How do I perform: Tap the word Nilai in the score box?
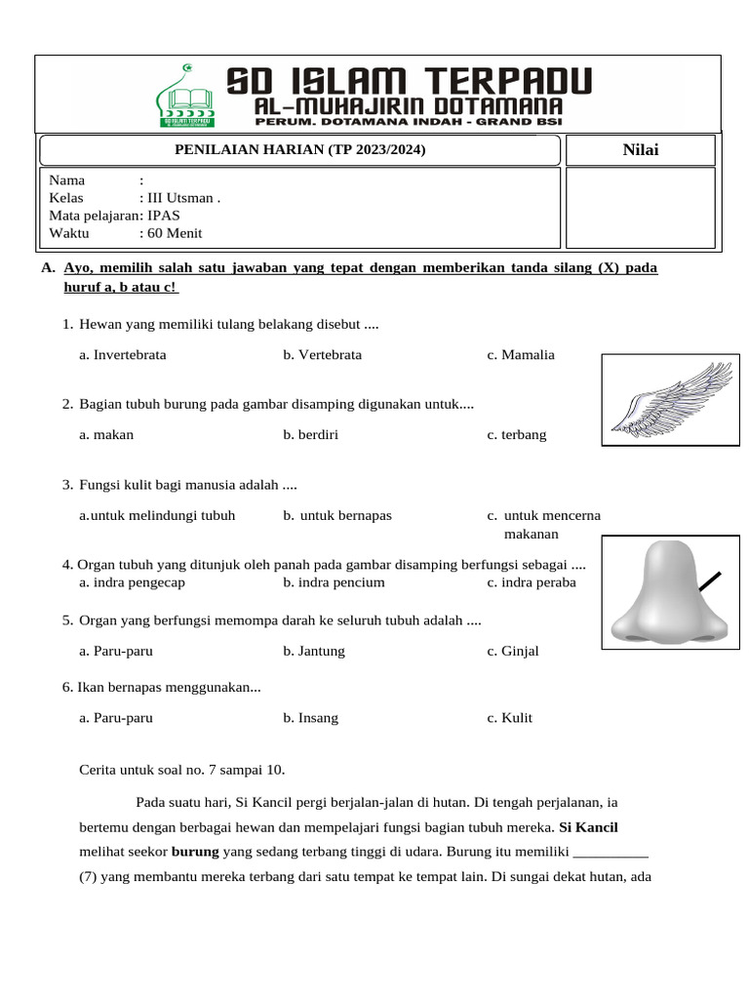[640, 149]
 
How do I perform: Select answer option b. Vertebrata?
[322, 355]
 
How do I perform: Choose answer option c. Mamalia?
[521, 355]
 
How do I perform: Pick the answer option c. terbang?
[517, 435]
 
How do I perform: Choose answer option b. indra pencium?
[334, 582]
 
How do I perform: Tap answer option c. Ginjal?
[513, 651]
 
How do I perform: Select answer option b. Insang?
[311, 718]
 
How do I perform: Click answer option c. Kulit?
[510, 718]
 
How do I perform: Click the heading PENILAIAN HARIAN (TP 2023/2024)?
[299, 149]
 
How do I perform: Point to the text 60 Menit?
[175, 233]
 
